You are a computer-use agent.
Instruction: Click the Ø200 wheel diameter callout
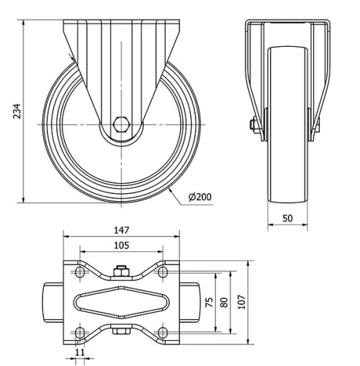(199, 196)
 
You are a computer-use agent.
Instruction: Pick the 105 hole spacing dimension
(120, 246)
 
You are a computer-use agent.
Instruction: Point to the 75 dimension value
(210, 303)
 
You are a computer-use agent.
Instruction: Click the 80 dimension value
(225, 303)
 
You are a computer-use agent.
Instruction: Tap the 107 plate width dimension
(242, 303)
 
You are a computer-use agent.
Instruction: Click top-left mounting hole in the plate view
(78, 272)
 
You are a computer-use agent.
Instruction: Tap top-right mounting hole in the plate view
(163, 272)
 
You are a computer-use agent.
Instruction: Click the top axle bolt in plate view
(120, 272)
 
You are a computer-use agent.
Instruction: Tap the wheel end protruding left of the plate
(53, 302)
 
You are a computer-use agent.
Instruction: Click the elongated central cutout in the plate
(120, 302)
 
